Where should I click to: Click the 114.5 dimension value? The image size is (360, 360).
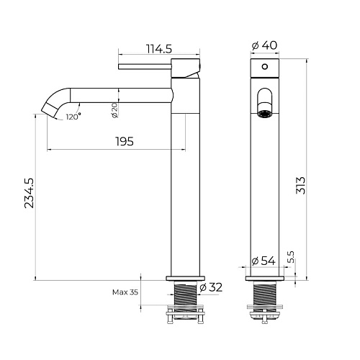click(x=159, y=49)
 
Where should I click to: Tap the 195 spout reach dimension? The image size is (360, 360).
click(x=125, y=141)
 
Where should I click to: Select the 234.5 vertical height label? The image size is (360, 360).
click(x=30, y=193)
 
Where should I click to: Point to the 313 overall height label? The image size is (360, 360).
click(x=300, y=185)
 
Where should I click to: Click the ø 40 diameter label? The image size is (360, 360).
click(x=264, y=45)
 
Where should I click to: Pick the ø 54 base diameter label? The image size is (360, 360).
click(x=264, y=261)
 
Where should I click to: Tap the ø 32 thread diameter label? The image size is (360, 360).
click(x=211, y=287)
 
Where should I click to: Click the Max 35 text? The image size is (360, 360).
click(x=125, y=292)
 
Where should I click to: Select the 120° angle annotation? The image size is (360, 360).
click(x=73, y=117)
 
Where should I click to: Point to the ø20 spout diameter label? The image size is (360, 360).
click(x=115, y=110)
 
